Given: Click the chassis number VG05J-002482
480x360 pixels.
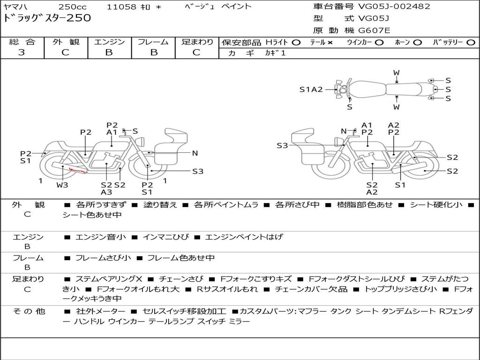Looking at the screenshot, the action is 394,6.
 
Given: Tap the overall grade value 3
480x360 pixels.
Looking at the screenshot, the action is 22,52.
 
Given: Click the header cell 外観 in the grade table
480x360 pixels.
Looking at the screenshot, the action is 66,42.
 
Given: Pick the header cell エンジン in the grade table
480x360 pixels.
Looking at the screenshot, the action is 109,42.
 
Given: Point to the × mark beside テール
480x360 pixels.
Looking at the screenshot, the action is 330,43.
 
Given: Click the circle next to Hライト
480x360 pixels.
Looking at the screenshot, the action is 296,43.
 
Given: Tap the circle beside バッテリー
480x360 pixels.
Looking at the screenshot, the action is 471,43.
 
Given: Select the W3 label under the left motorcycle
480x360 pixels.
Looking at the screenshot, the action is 62,185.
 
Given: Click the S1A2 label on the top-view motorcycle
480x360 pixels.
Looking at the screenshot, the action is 311,90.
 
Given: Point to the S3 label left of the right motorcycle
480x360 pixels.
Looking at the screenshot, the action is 282,145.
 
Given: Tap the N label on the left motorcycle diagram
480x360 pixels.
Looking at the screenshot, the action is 195,153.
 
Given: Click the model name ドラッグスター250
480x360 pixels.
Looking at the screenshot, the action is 47,18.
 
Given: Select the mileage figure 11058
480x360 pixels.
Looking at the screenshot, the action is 121,7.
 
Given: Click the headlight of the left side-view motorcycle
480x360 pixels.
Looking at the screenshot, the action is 141,142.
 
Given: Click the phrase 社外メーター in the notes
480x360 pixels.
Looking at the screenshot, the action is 101,311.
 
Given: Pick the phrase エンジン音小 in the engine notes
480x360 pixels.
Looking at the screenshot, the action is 101,237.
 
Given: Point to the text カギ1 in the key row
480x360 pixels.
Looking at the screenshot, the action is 276,53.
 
